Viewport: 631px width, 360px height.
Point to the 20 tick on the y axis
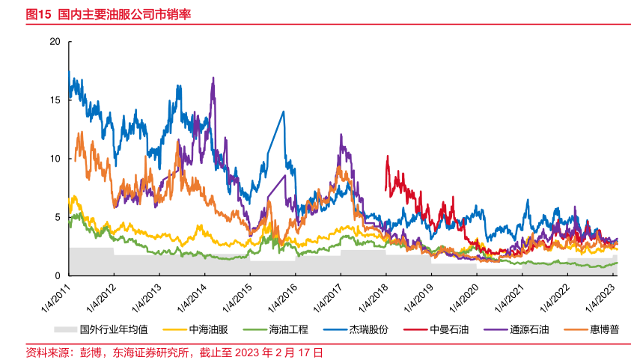click(x=54, y=41)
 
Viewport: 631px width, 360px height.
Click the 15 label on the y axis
click(x=54, y=100)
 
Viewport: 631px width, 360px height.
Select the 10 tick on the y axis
click(x=54, y=159)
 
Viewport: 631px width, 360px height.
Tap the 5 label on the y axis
click(x=56, y=217)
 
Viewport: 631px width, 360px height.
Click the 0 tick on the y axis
click(x=56, y=275)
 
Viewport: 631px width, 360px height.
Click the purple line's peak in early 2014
click(x=213, y=78)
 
